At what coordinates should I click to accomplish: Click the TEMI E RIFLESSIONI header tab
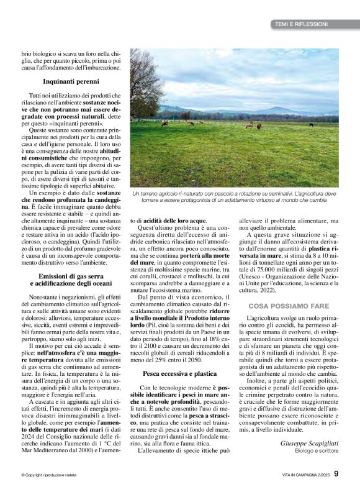click(301, 24)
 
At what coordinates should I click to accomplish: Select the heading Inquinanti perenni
click(72, 81)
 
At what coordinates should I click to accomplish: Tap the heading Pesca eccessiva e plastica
click(179, 374)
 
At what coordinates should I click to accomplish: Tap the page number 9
click(336, 473)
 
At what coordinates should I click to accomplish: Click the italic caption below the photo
click(234, 198)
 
